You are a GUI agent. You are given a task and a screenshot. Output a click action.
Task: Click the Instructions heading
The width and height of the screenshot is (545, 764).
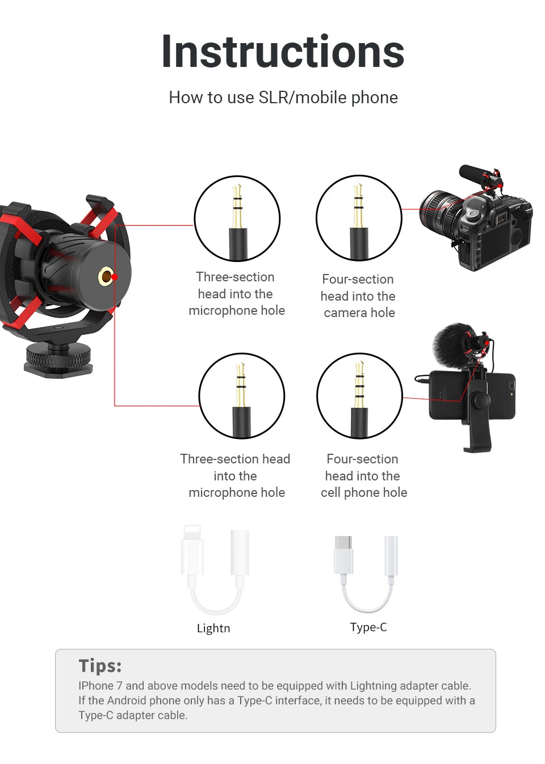click(x=283, y=52)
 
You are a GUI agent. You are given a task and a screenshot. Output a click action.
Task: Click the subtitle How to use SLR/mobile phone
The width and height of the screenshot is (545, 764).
click(x=283, y=98)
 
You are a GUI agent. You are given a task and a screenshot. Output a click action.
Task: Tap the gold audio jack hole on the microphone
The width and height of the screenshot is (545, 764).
click(x=106, y=277)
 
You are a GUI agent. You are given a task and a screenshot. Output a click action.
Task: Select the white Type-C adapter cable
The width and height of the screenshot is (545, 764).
click(x=366, y=573)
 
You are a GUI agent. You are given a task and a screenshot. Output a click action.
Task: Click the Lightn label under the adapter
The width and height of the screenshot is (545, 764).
click(x=213, y=628)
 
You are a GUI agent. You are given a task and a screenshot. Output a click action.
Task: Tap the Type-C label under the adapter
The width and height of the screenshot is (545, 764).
click(x=368, y=627)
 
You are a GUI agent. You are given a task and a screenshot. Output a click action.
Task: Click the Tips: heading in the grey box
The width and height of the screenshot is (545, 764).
click(x=100, y=666)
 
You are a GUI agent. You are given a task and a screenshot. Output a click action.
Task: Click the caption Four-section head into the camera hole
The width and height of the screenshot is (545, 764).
click(x=358, y=296)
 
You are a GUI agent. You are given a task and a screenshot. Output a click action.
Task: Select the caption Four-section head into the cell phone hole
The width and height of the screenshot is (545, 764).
click(x=363, y=476)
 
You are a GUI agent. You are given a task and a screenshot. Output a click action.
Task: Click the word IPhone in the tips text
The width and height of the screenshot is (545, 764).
click(x=95, y=686)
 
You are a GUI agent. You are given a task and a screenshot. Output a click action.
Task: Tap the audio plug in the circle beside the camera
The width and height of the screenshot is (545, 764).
click(x=358, y=218)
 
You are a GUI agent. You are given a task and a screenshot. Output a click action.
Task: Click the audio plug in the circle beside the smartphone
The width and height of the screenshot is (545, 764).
click(x=359, y=396)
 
